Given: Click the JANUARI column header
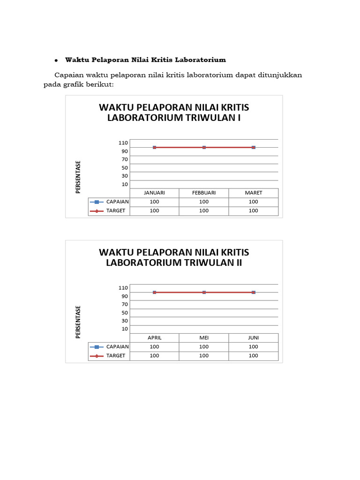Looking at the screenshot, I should [154, 193].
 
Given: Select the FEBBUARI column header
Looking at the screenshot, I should [204, 193].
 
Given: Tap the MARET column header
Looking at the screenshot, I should [254, 193].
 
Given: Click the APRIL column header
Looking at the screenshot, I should [154, 338].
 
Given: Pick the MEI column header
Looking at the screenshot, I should [204, 338].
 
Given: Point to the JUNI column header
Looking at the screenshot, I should [254, 338].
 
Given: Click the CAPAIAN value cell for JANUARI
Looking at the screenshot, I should [154, 202].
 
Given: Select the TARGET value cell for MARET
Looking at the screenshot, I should [254, 211].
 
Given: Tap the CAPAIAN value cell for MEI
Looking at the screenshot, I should [204, 347].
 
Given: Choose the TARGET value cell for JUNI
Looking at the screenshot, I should [254, 356].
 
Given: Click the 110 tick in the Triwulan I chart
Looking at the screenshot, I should [123, 142].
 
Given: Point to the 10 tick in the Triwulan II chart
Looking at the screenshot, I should [125, 329].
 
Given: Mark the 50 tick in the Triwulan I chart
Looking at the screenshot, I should [125, 168].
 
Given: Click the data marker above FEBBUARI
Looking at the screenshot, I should [204, 147].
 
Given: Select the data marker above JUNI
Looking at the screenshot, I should [254, 292].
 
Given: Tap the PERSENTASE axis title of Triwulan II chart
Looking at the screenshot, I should [78, 322].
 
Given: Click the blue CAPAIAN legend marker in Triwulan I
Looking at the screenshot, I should [97, 202].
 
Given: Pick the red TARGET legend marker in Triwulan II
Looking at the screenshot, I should [97, 356].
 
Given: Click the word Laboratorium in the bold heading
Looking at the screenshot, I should [200, 60].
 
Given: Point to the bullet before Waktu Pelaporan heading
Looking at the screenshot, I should [56, 60].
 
